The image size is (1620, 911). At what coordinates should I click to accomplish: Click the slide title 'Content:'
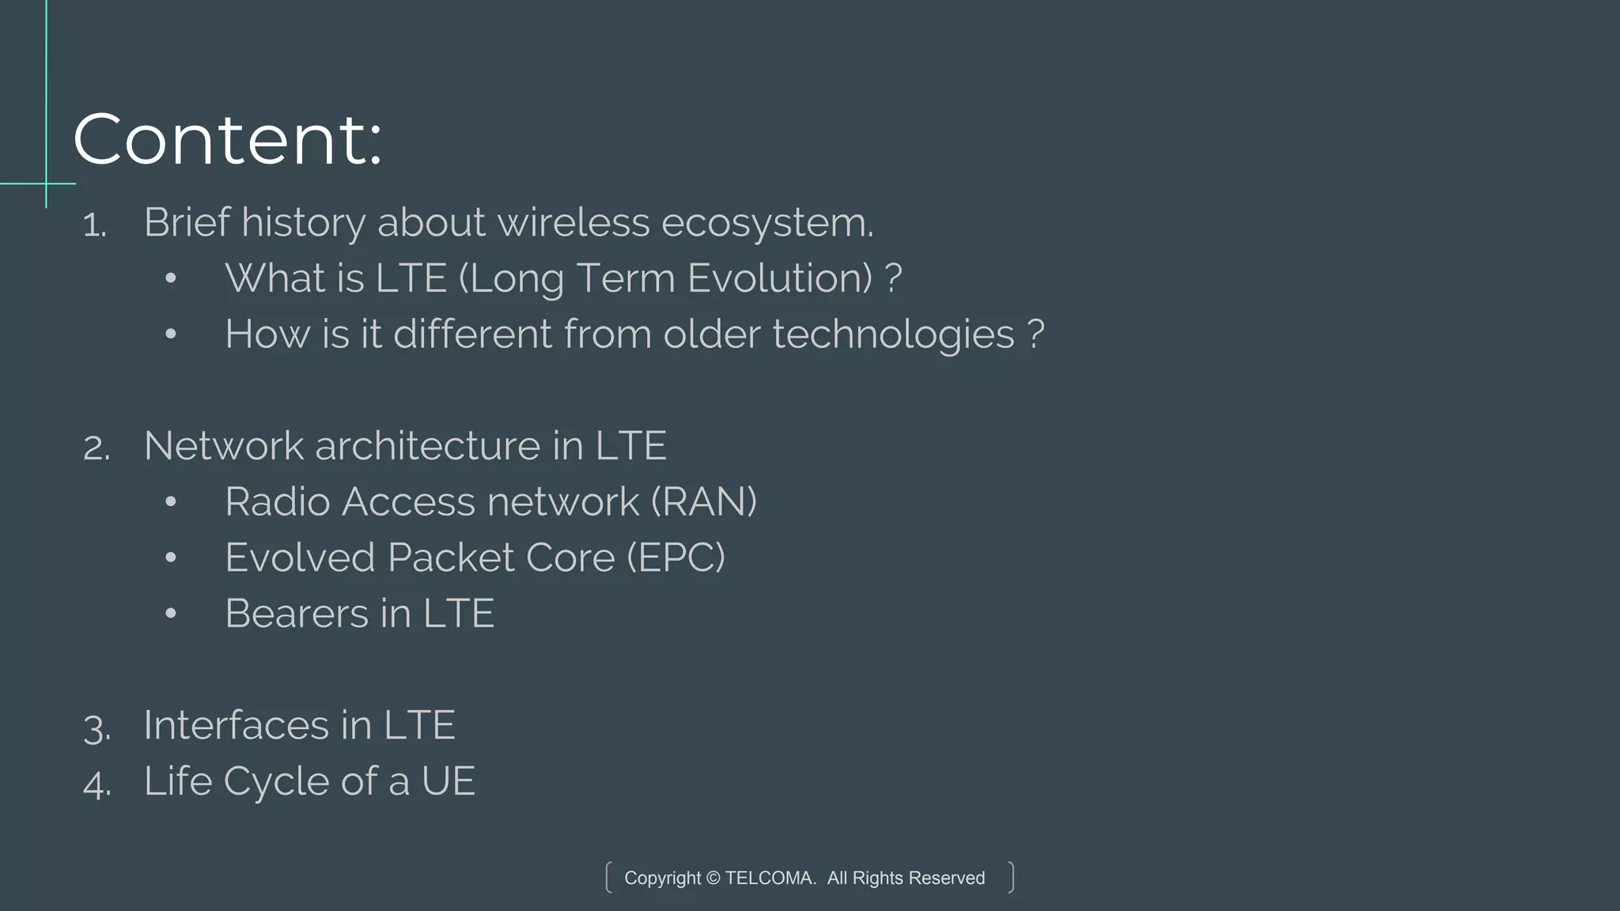[228, 140]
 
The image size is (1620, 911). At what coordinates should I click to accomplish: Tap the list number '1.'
[95, 225]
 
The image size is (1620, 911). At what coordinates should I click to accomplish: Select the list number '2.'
[97, 448]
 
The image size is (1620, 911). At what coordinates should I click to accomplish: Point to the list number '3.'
[97, 728]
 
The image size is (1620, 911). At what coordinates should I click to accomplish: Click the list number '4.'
[97, 784]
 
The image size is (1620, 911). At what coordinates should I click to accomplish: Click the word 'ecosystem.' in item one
[767, 223]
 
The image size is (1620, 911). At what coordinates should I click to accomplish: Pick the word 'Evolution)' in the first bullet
[780, 278]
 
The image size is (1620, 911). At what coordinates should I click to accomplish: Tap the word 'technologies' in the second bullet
[893, 335]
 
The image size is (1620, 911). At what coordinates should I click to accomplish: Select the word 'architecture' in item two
[428, 446]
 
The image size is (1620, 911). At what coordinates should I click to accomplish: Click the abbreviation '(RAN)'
[704, 502]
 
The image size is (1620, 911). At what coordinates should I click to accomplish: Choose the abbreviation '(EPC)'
[676, 558]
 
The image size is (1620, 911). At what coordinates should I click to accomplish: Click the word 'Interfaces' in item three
[237, 725]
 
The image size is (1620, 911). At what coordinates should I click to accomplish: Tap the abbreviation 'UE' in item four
[448, 781]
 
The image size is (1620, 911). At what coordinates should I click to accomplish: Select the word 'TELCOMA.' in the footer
[770, 878]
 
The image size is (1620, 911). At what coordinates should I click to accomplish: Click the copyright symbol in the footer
[713, 878]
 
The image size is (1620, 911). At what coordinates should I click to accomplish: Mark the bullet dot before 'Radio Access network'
[171, 502]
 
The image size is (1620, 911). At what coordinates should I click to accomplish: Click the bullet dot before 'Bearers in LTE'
[171, 614]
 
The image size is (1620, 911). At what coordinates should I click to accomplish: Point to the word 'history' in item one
[303, 223]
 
